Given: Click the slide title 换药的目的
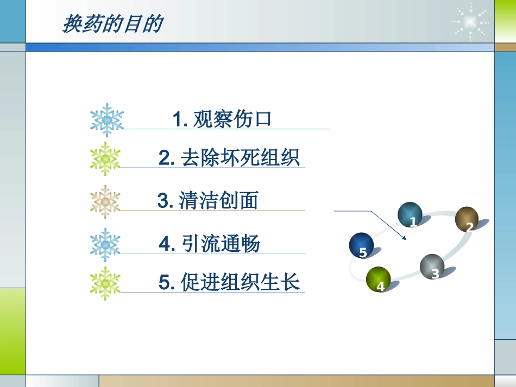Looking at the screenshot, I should coord(112,24).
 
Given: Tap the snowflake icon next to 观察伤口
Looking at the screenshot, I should coord(107,119).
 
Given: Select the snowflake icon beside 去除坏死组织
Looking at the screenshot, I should coord(106,158).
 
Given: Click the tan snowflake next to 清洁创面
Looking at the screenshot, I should coord(105,202).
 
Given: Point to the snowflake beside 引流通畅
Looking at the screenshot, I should coord(105,245).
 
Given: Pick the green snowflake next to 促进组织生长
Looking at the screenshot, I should coord(105,283).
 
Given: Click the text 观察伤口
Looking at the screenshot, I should coord(232,119).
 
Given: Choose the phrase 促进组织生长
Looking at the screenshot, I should coord(241,283).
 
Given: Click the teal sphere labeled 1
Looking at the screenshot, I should coord(410,215).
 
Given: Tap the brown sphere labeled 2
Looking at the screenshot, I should coord(467,219).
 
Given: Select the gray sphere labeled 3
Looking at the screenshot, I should coord(432,267).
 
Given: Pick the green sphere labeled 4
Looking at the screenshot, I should coord(379,280).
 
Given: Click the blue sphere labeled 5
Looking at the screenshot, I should coord(361,245).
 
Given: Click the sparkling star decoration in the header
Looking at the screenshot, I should coord(470,21).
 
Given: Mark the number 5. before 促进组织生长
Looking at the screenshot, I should coord(166,283).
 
